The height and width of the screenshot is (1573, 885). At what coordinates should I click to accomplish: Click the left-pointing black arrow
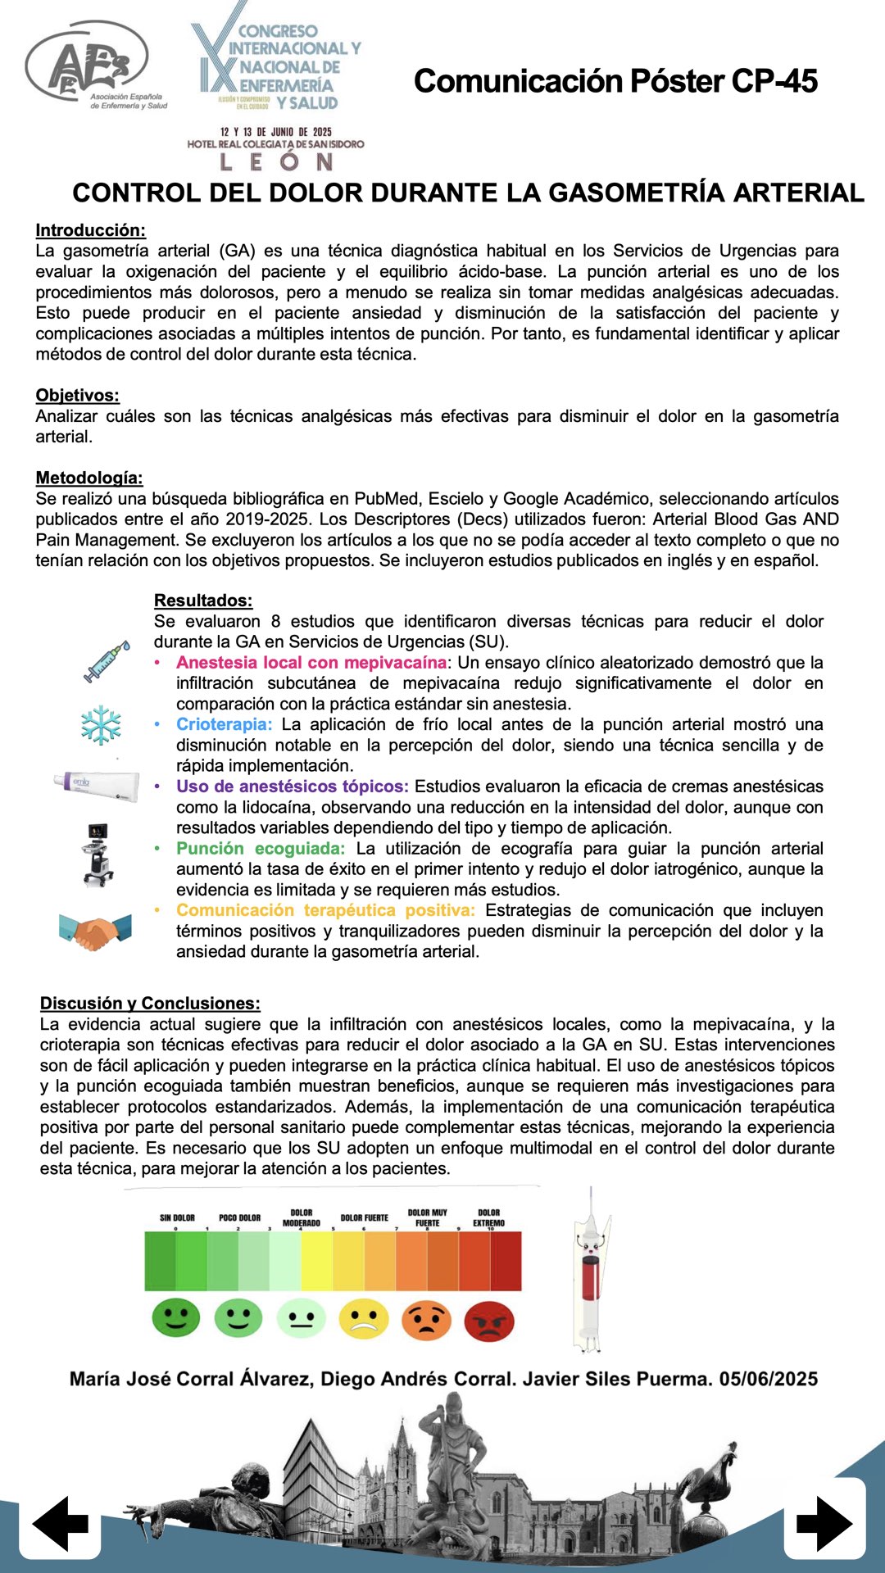point(61,1523)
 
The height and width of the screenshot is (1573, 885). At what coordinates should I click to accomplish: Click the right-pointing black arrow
point(824,1523)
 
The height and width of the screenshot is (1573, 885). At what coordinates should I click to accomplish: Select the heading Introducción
point(90,230)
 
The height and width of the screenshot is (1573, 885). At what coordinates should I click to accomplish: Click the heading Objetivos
point(77,396)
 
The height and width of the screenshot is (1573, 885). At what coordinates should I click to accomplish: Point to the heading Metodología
point(88,478)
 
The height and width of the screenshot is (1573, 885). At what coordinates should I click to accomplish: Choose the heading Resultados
point(203,601)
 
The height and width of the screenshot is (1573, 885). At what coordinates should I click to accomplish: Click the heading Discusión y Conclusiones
point(150,1004)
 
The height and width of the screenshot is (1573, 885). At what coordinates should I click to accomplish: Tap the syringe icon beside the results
point(107,662)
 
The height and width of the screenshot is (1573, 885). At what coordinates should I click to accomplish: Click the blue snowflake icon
point(101,725)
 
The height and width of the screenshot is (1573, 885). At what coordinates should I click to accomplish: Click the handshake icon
point(95,932)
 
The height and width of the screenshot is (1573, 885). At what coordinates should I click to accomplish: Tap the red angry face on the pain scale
point(489,1321)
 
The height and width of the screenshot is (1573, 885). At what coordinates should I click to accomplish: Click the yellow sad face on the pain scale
point(364,1319)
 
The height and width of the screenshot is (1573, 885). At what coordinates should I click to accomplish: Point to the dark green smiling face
point(176,1318)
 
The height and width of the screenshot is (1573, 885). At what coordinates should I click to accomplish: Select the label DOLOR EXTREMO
point(488,1217)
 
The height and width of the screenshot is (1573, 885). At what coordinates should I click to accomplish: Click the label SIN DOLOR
point(177,1217)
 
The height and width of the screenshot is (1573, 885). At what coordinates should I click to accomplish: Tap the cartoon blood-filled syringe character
point(591,1270)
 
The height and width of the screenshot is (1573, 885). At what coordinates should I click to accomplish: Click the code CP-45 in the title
point(774,81)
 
